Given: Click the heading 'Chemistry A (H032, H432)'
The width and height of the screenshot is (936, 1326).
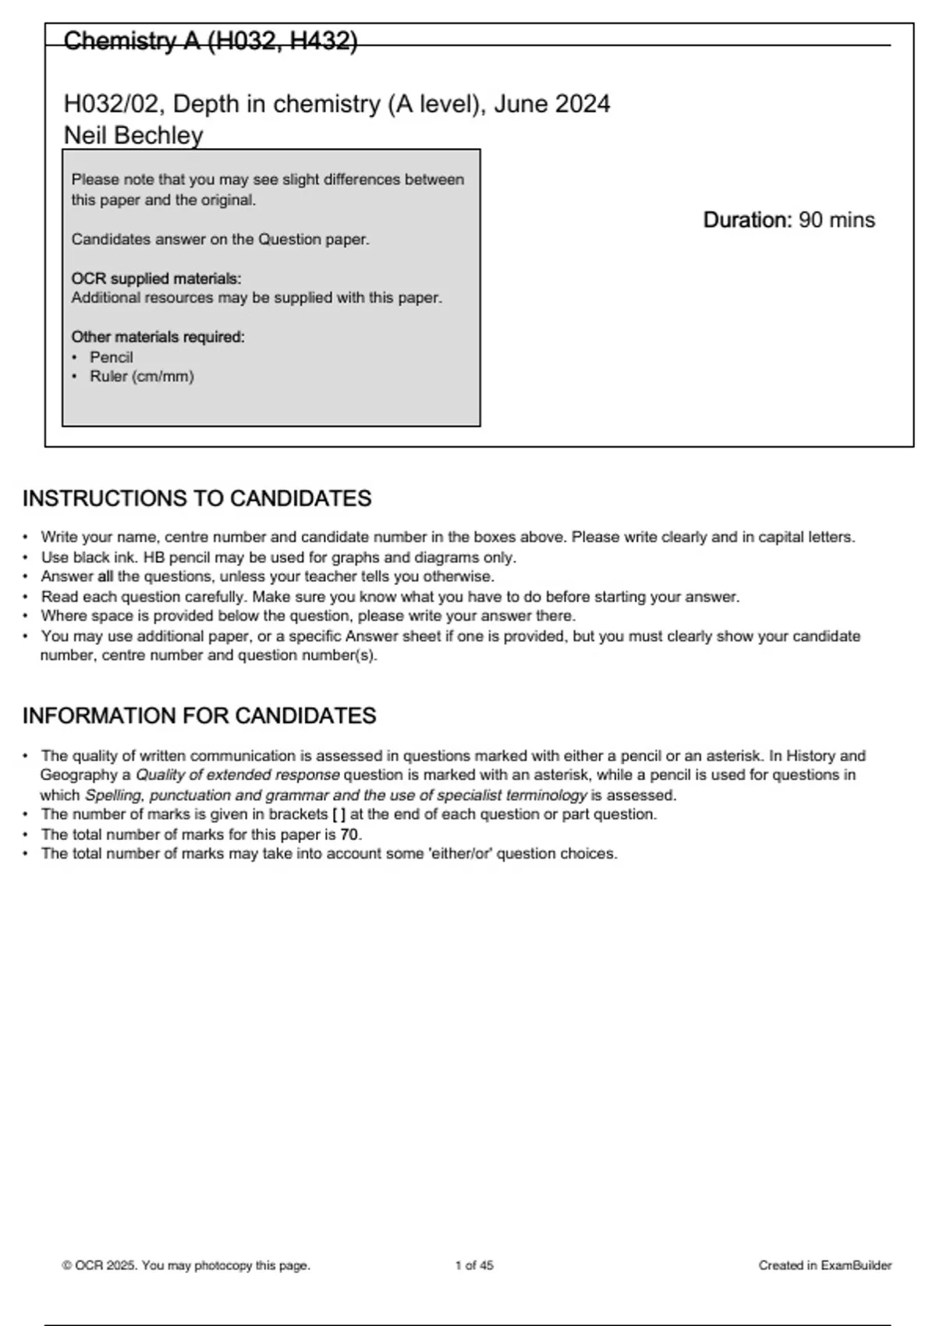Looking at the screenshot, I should tap(210, 41).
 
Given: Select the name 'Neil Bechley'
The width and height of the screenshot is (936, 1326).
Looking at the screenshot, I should tap(133, 136).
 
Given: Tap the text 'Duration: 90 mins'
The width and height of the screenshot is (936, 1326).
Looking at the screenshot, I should tap(789, 220).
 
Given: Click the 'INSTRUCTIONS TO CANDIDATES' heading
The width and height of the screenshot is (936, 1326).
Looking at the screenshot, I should tap(197, 498).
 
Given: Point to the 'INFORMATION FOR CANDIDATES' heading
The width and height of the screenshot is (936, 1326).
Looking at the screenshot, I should tap(199, 716).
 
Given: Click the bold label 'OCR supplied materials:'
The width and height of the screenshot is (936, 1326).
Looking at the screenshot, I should tap(156, 278).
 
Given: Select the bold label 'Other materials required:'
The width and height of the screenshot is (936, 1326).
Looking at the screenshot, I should tap(158, 337).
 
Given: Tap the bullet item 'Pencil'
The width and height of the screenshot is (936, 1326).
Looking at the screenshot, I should tap(111, 357).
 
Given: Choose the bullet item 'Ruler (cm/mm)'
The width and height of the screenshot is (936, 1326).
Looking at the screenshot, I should tap(141, 377).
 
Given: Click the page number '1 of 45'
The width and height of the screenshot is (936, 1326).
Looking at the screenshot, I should tap(474, 1266).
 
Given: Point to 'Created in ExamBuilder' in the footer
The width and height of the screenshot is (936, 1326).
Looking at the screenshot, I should tap(824, 1266).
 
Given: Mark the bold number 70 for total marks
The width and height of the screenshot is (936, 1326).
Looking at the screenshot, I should tap(349, 835).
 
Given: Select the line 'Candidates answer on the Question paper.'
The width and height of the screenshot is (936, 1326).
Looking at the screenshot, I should tap(220, 239).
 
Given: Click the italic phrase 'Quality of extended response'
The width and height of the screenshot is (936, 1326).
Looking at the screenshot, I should tap(238, 775).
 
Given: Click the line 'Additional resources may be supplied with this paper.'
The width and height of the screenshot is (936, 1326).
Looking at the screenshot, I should tap(257, 298).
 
